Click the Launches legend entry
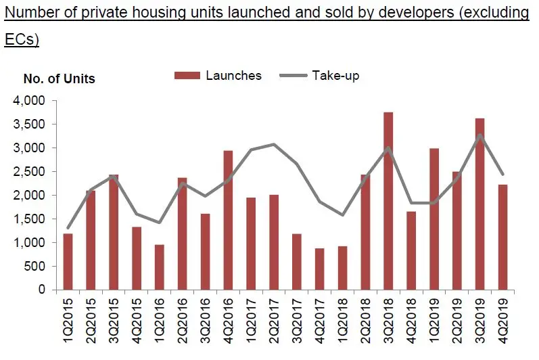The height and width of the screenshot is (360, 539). (x=218, y=76)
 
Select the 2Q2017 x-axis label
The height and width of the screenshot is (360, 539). (x=274, y=325)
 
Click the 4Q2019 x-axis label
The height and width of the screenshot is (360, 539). (x=502, y=325)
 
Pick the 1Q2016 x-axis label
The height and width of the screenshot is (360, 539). (x=160, y=325)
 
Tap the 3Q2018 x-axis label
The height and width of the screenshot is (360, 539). (x=388, y=325)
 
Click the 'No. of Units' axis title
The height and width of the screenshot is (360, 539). (x=60, y=79)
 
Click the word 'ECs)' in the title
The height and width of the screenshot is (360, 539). (x=22, y=40)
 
